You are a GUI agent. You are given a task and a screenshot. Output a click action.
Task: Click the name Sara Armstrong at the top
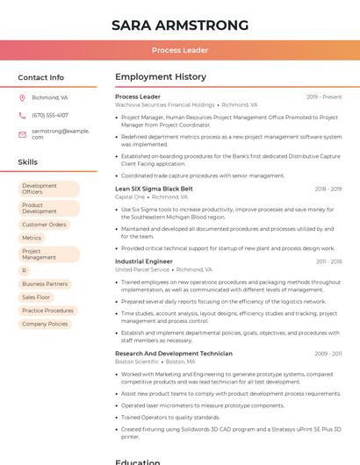(180, 25)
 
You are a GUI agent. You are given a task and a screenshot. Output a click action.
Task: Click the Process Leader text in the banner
(180, 50)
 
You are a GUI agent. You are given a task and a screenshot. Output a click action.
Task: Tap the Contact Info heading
(40, 77)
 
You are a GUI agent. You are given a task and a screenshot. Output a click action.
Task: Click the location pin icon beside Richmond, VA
(22, 98)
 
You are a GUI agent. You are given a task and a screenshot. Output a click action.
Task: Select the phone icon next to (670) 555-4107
(22, 115)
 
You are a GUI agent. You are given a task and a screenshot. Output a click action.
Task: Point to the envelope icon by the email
(22, 133)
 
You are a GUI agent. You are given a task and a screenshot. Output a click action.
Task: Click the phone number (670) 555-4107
(50, 115)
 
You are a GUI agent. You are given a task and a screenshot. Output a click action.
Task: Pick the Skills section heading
(28, 162)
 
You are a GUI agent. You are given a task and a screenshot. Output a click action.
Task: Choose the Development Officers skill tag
(48, 189)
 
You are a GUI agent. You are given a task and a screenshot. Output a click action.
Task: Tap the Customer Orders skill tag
(44, 225)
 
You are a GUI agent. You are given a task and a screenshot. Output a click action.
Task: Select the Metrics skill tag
(32, 238)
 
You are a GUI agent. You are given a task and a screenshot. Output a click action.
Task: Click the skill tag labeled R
(25, 271)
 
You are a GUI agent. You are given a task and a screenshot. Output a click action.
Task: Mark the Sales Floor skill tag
(36, 297)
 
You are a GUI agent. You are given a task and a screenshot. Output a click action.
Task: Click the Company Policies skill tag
(45, 324)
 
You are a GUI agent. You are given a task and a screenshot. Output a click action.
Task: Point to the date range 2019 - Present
(324, 97)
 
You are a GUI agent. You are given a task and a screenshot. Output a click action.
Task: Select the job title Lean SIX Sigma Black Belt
(154, 189)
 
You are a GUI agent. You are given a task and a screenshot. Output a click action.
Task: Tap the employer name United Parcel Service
(142, 269)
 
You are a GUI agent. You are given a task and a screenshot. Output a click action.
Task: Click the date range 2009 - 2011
(328, 354)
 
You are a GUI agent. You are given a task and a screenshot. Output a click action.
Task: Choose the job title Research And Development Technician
(173, 354)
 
